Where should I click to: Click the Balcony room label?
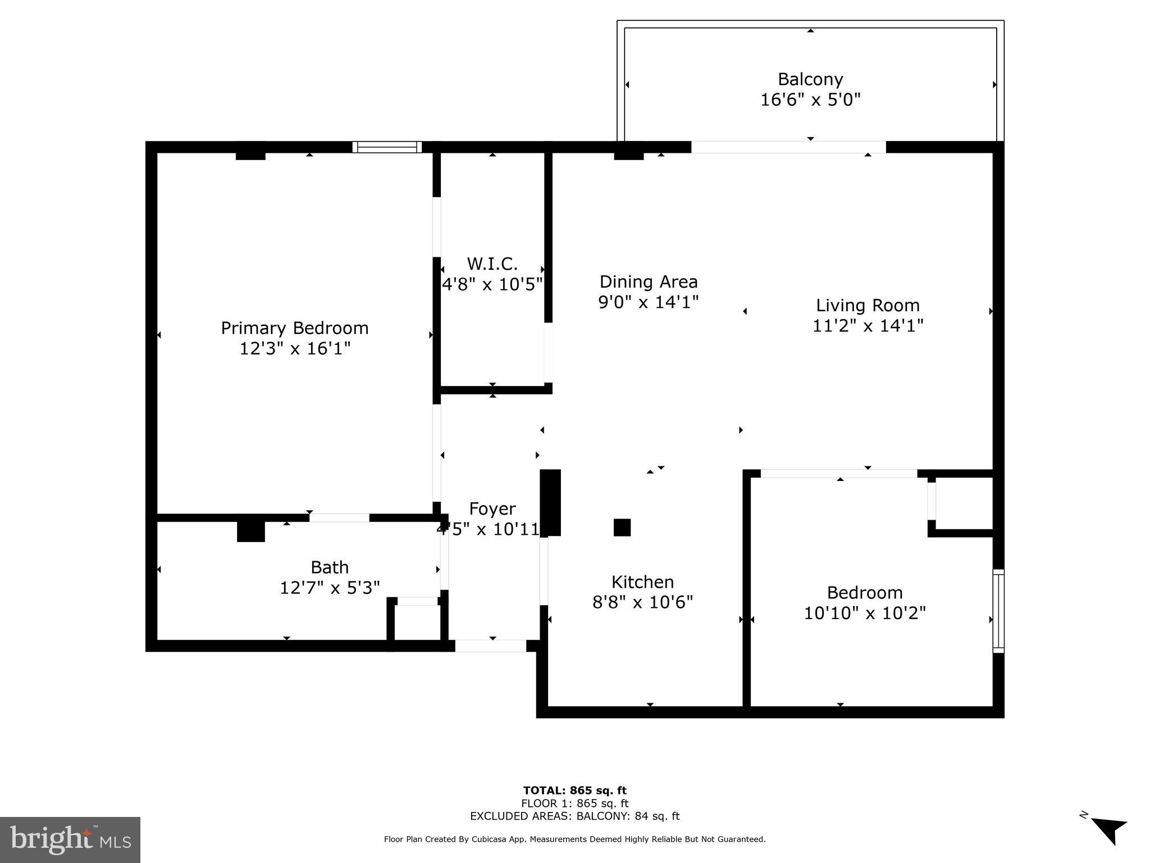coord(810,79)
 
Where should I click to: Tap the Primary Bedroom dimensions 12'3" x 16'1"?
coord(295,349)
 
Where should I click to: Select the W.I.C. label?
coord(492,264)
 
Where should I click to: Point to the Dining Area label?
coord(648,281)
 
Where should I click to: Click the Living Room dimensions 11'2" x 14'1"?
coord(868,326)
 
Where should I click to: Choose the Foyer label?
coord(492,508)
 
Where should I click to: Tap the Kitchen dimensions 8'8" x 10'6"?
coord(642,602)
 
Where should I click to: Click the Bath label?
coord(330,567)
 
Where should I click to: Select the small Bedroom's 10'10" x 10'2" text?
coord(864,613)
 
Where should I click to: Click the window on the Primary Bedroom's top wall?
coord(387,147)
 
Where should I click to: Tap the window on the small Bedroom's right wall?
coord(998,611)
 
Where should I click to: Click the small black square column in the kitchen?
coord(622,528)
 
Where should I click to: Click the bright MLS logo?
coord(70,839)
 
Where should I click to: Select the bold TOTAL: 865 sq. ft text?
coord(574,791)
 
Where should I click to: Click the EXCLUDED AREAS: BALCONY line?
coord(574,816)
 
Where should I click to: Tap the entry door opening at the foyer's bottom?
coord(490,646)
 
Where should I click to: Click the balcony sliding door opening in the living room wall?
coord(788,147)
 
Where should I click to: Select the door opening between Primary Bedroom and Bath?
coord(339,517)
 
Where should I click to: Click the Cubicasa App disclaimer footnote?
coord(574,839)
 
